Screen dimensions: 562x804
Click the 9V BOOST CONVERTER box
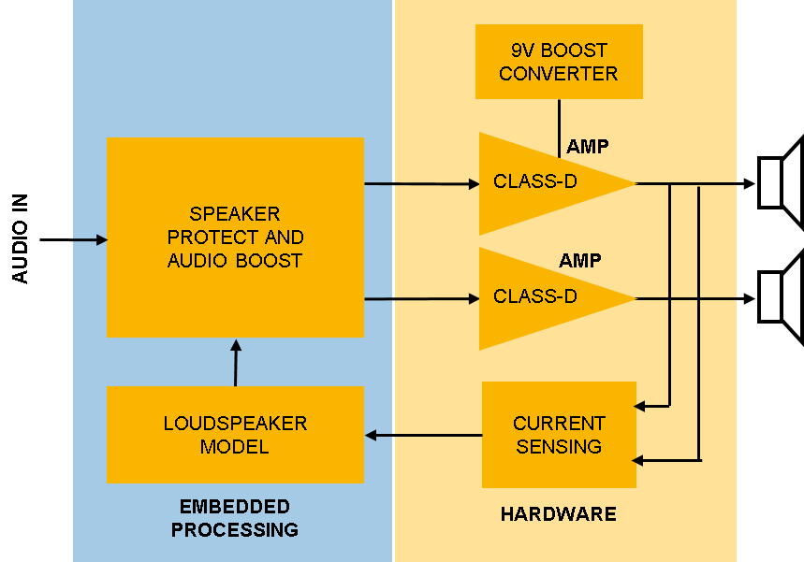pos(559,62)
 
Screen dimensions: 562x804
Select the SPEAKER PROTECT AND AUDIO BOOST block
pos(235,238)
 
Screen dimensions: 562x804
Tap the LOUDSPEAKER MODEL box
pos(235,435)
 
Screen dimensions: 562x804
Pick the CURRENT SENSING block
pos(559,435)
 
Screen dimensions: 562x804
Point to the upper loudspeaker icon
pos(780,182)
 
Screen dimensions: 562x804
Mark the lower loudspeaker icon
pos(780,298)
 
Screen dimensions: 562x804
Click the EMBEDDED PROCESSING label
pos(235,518)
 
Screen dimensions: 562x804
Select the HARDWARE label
pos(558,514)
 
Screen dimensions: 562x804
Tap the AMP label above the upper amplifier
pos(587,147)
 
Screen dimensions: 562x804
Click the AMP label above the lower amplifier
pos(580,261)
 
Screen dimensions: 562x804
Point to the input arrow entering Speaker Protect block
pos(90,240)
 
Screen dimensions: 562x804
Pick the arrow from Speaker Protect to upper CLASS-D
pos(421,184)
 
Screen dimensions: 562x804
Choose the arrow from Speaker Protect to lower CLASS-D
pos(421,299)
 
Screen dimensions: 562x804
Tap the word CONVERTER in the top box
pos(559,74)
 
